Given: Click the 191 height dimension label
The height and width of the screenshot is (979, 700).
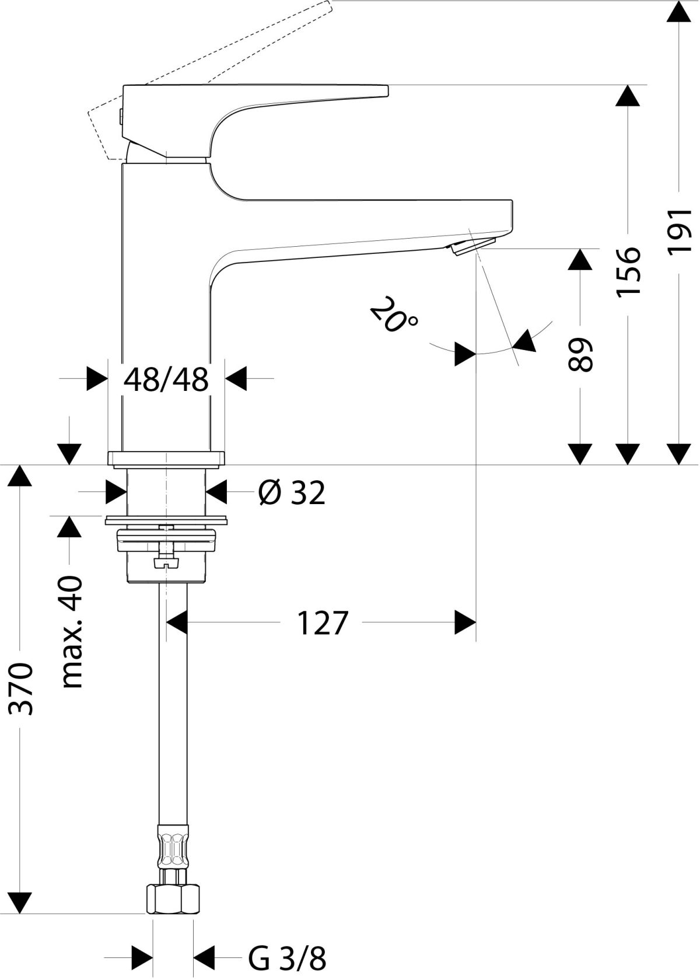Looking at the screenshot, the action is (680, 230).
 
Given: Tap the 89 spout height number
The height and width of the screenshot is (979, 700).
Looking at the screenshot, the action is (580, 354).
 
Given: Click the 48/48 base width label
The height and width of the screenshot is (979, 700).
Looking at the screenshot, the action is (166, 379).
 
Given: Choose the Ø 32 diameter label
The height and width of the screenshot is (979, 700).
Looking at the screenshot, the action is (292, 493).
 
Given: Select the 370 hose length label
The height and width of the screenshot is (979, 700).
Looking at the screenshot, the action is (21, 689).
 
